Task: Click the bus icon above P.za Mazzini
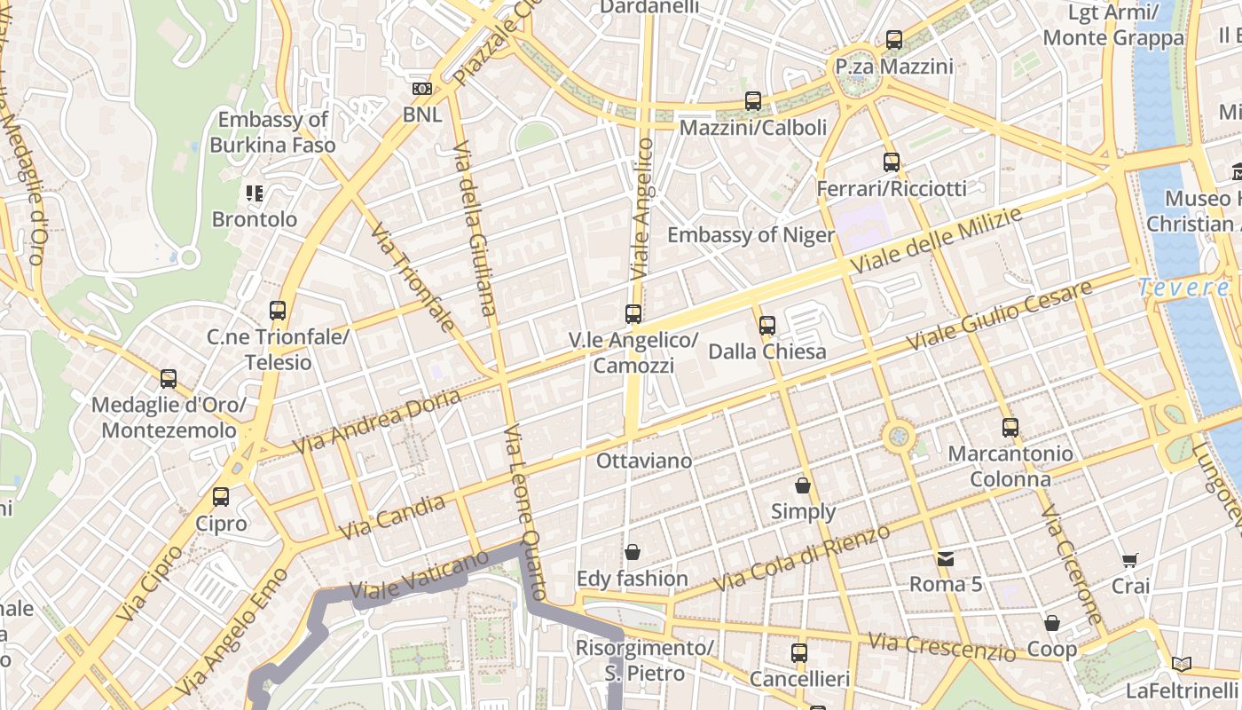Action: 893,40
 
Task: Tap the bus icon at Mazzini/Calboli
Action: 752,101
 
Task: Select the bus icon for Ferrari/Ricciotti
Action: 892,162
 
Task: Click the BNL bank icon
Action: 422,89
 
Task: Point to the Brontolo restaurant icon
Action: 255,193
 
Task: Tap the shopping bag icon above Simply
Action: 803,485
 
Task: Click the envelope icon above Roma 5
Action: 946,558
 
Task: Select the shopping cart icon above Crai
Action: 1129,560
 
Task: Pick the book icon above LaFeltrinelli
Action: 1181,664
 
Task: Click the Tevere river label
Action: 1183,288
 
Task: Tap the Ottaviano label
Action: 643,461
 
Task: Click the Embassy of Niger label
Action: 751,235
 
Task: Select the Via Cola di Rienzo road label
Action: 802,558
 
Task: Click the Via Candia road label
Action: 392,517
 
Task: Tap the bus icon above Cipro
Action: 221,497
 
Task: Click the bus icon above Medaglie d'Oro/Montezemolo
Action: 169,379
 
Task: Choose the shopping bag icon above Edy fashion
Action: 632,553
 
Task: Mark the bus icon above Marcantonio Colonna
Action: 1010,428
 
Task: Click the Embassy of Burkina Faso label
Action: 272,132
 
